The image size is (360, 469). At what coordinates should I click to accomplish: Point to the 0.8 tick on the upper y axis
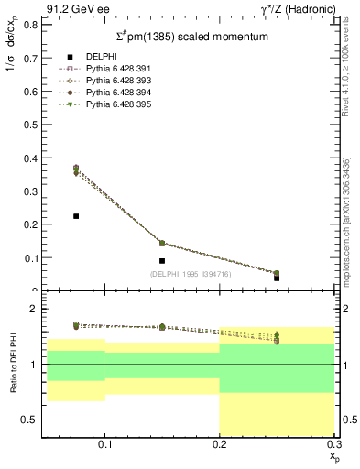(29, 25)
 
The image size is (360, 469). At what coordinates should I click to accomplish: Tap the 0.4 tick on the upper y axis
(29, 158)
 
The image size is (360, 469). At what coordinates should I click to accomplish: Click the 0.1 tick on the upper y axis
(29, 258)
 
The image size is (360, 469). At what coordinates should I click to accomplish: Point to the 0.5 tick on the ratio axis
(29, 420)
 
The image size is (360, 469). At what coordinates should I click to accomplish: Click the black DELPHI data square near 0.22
(76, 216)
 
